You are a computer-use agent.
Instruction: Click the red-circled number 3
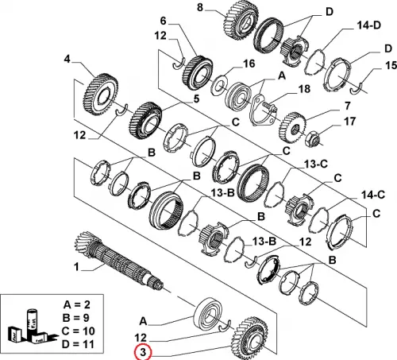(143, 353)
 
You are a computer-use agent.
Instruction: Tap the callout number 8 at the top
(200, 7)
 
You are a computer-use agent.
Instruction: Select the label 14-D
(368, 25)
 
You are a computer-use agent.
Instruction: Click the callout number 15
(391, 65)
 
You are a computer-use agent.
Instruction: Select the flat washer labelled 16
(219, 85)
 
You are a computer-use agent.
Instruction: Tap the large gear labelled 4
(101, 95)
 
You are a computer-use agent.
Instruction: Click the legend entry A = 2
(76, 304)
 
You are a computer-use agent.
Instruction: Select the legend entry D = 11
(78, 344)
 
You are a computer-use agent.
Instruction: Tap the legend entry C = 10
(78, 331)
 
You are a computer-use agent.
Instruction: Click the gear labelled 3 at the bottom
(250, 337)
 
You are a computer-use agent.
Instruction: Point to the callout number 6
(164, 21)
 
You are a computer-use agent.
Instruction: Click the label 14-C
(373, 195)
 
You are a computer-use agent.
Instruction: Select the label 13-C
(316, 165)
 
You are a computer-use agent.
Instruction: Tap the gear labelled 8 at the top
(240, 19)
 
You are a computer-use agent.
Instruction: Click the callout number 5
(196, 99)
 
